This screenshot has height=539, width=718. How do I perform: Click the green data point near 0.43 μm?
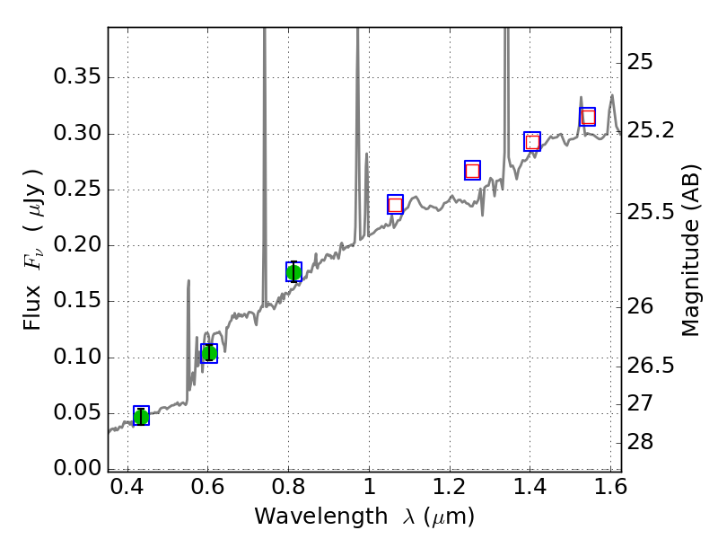pyautogui.click(x=141, y=415)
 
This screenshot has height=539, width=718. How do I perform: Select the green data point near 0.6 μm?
pyautogui.click(x=209, y=353)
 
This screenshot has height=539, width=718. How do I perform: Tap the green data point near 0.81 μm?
pyautogui.click(x=293, y=272)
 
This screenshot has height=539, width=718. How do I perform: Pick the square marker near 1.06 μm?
pyautogui.click(x=395, y=205)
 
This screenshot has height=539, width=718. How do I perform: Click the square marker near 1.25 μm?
pyautogui.click(x=472, y=171)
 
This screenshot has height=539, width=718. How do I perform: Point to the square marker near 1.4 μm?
pyautogui.click(x=532, y=141)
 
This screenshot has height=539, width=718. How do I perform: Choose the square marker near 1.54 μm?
pyautogui.click(x=588, y=117)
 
